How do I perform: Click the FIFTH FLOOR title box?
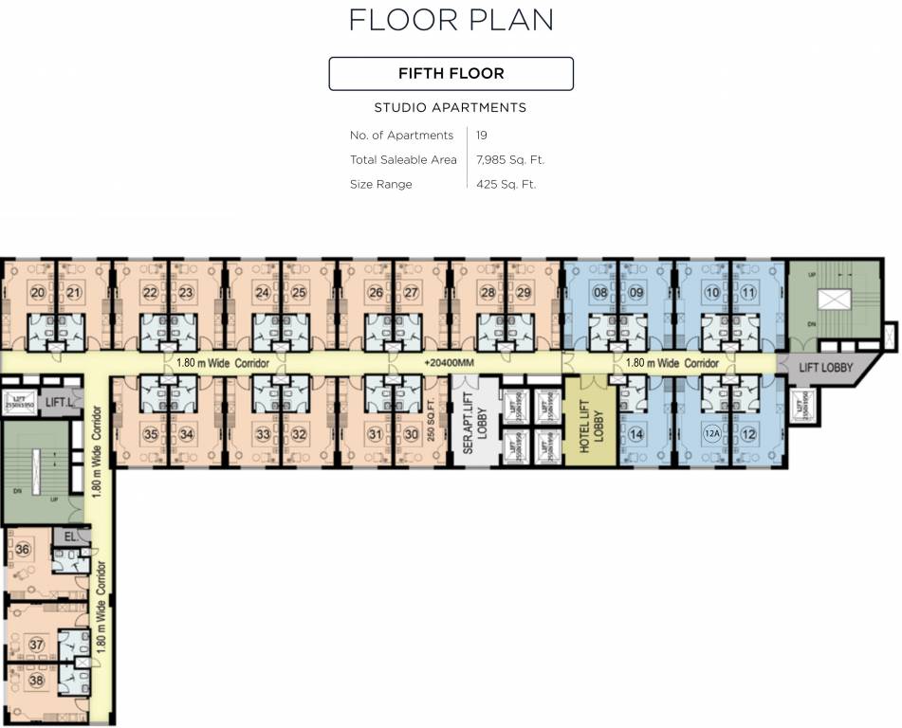[451, 74]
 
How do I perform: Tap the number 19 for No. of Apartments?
[482, 136]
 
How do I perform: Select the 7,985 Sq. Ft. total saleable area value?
[510, 160]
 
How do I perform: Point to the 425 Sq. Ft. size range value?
[506, 185]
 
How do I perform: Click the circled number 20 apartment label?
[37, 293]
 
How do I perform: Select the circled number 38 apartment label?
[36, 680]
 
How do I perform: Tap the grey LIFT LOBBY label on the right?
[825, 368]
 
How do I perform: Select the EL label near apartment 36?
[69, 537]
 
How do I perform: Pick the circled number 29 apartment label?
[525, 293]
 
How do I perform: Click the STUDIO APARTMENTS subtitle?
[451, 108]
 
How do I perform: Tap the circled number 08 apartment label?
[600, 293]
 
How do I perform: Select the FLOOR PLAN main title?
[451, 20]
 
